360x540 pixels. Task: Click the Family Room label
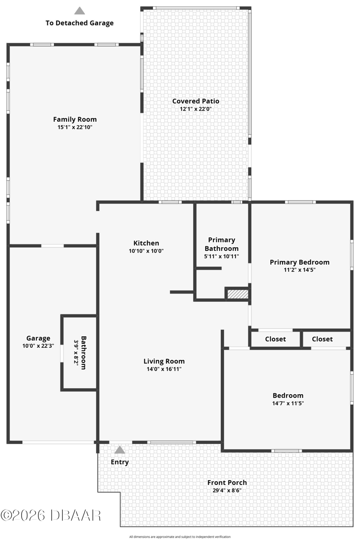point(75,119)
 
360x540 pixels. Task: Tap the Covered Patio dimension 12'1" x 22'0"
point(195,109)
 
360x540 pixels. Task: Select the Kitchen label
point(146,243)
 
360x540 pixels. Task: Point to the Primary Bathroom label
point(222,244)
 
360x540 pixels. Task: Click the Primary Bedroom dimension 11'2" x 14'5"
point(299,270)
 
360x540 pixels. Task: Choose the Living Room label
point(164,361)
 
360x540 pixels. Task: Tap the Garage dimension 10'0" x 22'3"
point(38,346)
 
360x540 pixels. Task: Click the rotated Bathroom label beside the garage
point(84,353)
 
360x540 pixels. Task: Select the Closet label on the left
point(275,339)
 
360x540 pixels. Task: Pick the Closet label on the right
point(322,339)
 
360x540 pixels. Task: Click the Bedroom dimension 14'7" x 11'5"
point(288,403)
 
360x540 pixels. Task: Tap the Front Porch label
point(227,482)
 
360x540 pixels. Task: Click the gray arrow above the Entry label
point(120,450)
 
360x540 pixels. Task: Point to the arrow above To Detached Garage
point(80,11)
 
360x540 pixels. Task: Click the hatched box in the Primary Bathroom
point(238,294)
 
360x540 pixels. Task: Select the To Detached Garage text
point(80,23)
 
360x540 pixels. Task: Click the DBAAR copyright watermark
point(51,515)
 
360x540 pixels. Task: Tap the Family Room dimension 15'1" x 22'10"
point(75,127)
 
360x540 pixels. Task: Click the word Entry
point(120,462)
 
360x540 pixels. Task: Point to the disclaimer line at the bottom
point(180,536)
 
